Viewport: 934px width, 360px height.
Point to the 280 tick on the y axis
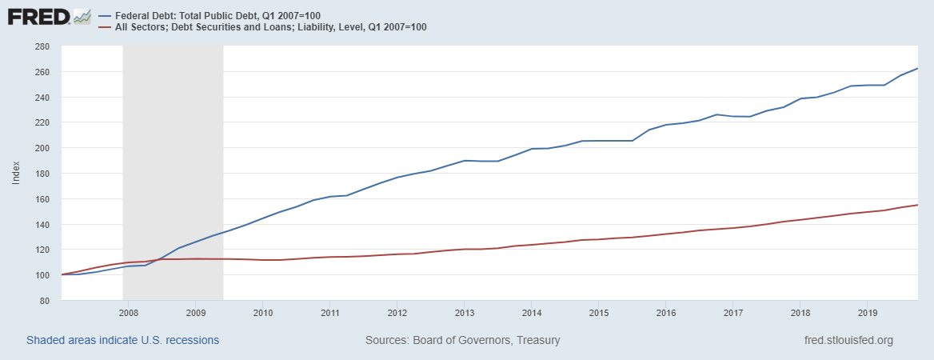pyautogui.click(x=43, y=46)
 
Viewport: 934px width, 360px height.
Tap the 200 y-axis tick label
pyautogui.click(x=43, y=148)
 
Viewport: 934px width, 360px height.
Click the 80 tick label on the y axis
pyautogui.click(x=46, y=301)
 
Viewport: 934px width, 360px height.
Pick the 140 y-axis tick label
pyautogui.click(x=43, y=225)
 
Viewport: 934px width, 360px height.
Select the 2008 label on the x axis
pyautogui.click(x=129, y=312)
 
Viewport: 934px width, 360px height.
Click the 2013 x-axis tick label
pyautogui.click(x=465, y=312)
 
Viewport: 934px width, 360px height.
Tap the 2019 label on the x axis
pyautogui.click(x=868, y=312)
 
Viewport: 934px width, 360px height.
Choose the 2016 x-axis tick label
pyautogui.click(x=666, y=312)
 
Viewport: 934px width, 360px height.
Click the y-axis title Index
pyautogui.click(x=16, y=173)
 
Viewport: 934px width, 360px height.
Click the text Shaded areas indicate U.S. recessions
pyautogui.click(x=123, y=340)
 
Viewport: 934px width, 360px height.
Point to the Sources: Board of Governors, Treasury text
pyautogui.click(x=462, y=340)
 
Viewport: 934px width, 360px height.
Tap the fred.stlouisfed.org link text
pyautogui.click(x=848, y=340)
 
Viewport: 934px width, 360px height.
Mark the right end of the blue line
pyautogui.click(x=917, y=69)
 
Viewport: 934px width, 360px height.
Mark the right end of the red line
pyautogui.click(x=917, y=205)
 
